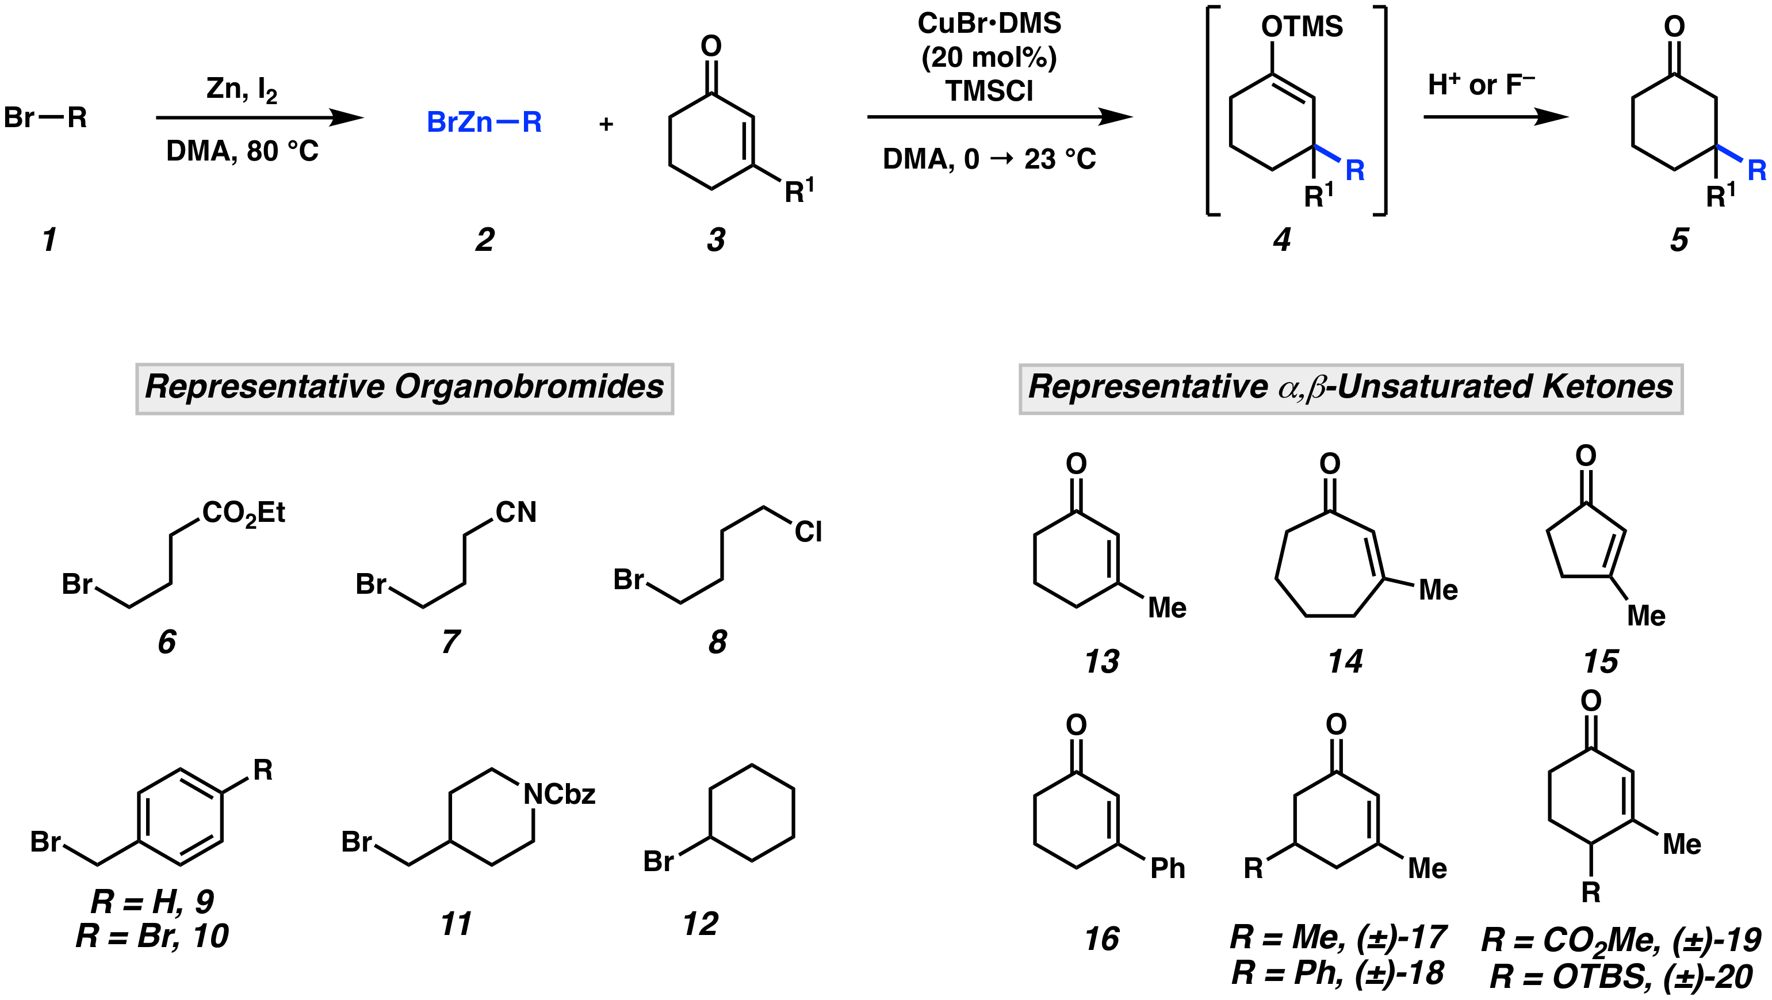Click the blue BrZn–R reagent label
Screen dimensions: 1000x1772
[484, 123]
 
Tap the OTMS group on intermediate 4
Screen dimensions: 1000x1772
[1302, 28]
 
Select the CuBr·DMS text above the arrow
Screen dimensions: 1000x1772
[989, 24]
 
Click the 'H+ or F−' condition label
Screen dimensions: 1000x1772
[1481, 85]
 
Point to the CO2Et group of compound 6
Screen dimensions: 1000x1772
[243, 513]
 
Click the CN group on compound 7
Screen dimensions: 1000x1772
[516, 512]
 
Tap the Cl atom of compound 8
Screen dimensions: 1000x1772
[807, 532]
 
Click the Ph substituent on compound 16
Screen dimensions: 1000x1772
[1168, 869]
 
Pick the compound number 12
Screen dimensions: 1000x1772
[701, 923]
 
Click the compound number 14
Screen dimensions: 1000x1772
[1345, 661]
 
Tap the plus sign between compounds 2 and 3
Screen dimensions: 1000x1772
[606, 125]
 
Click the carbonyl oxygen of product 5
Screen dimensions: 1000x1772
[1674, 28]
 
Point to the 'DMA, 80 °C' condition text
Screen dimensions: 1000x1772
[242, 151]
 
